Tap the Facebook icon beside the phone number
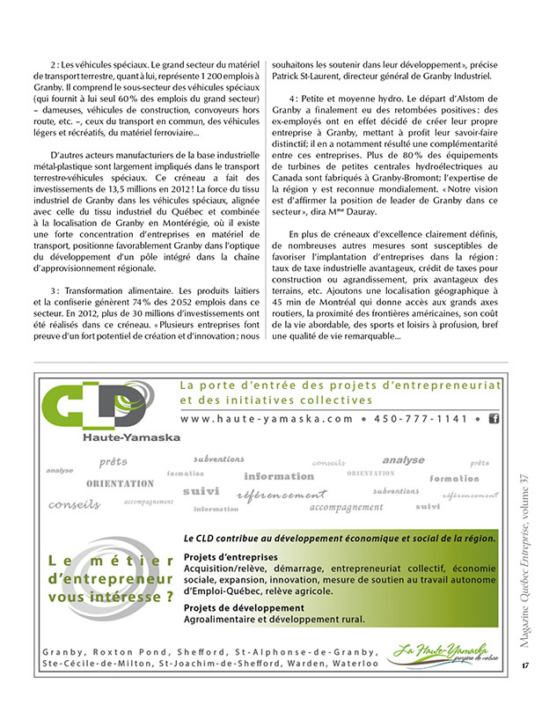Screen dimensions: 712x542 493,419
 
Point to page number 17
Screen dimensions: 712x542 524,689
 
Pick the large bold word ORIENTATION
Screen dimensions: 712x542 120,484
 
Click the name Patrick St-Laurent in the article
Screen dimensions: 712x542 312,77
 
